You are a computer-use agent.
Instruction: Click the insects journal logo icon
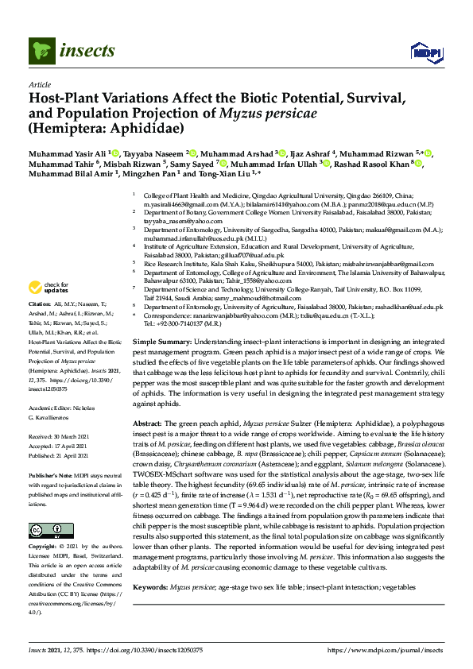41,52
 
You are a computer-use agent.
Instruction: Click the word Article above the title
39,83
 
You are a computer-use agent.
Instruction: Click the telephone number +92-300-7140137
174,324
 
